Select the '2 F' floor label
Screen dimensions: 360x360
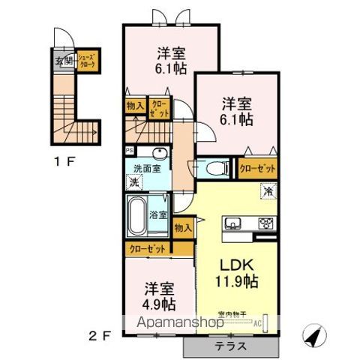[x=102, y=335]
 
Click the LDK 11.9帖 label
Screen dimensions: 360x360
[x=238, y=274]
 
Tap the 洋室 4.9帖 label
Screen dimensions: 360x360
[x=156, y=295]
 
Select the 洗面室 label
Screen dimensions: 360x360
[x=147, y=169]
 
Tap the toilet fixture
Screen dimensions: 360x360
[x=213, y=168]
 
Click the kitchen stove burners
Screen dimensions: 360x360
[x=266, y=223]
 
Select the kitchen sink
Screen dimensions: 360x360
[x=232, y=223]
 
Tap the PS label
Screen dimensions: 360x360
[x=129, y=149]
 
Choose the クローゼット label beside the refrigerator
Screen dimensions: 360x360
[x=257, y=168]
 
